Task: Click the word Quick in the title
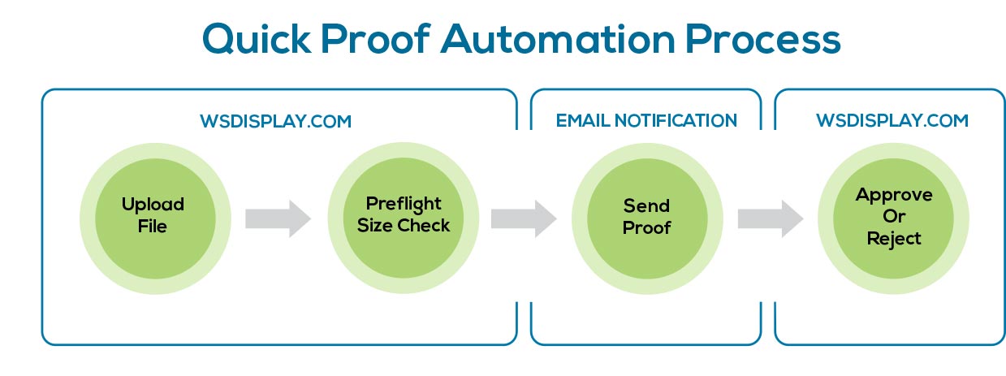click(257, 39)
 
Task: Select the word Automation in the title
click(559, 39)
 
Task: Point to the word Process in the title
click(763, 39)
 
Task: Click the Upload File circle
click(155, 218)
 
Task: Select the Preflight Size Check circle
click(404, 218)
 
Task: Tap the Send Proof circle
click(647, 218)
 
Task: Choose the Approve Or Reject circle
click(893, 218)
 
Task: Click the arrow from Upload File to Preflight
click(278, 218)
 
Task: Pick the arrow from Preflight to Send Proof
click(524, 218)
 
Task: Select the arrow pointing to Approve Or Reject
click(771, 218)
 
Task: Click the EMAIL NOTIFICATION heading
click(646, 120)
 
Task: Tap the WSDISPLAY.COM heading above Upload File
click(276, 121)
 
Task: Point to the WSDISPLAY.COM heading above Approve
click(892, 120)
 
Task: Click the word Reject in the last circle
click(894, 239)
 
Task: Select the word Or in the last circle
click(894, 217)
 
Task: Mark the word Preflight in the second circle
click(404, 205)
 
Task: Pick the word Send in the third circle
click(646, 205)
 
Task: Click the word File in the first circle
click(153, 226)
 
